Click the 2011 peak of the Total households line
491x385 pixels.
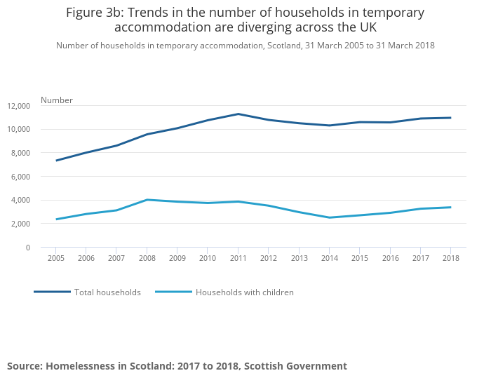(x=238, y=114)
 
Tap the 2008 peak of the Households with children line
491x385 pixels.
(x=147, y=200)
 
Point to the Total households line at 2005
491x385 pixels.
(x=56, y=161)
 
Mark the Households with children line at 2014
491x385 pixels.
(x=329, y=217)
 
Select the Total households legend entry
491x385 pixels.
(x=107, y=292)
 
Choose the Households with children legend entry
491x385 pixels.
(x=244, y=292)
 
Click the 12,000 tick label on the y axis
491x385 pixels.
(x=19, y=106)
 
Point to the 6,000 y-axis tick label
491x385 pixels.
(x=21, y=177)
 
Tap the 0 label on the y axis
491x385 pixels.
(x=28, y=248)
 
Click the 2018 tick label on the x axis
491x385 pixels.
(x=450, y=258)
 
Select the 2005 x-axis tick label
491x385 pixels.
(x=56, y=258)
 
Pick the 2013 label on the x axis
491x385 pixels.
(x=299, y=258)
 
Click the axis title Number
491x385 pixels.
(x=57, y=100)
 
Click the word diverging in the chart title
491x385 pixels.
(x=267, y=27)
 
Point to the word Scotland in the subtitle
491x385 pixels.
(x=288, y=46)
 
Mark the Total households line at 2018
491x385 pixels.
(x=450, y=118)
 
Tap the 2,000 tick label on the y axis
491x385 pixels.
(x=21, y=224)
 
